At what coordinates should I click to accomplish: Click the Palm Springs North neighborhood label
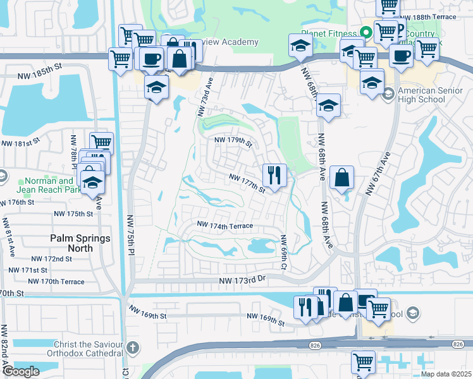click(x=80, y=243)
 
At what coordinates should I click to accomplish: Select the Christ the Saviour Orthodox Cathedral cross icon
click(x=132, y=347)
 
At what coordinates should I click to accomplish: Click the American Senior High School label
click(x=431, y=95)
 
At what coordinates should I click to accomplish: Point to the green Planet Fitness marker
click(x=365, y=33)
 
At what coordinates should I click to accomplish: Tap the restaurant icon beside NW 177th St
click(x=274, y=175)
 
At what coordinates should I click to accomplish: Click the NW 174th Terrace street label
click(x=224, y=226)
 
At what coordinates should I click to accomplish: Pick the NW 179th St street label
click(x=233, y=141)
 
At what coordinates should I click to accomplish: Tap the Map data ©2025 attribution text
click(x=447, y=373)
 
